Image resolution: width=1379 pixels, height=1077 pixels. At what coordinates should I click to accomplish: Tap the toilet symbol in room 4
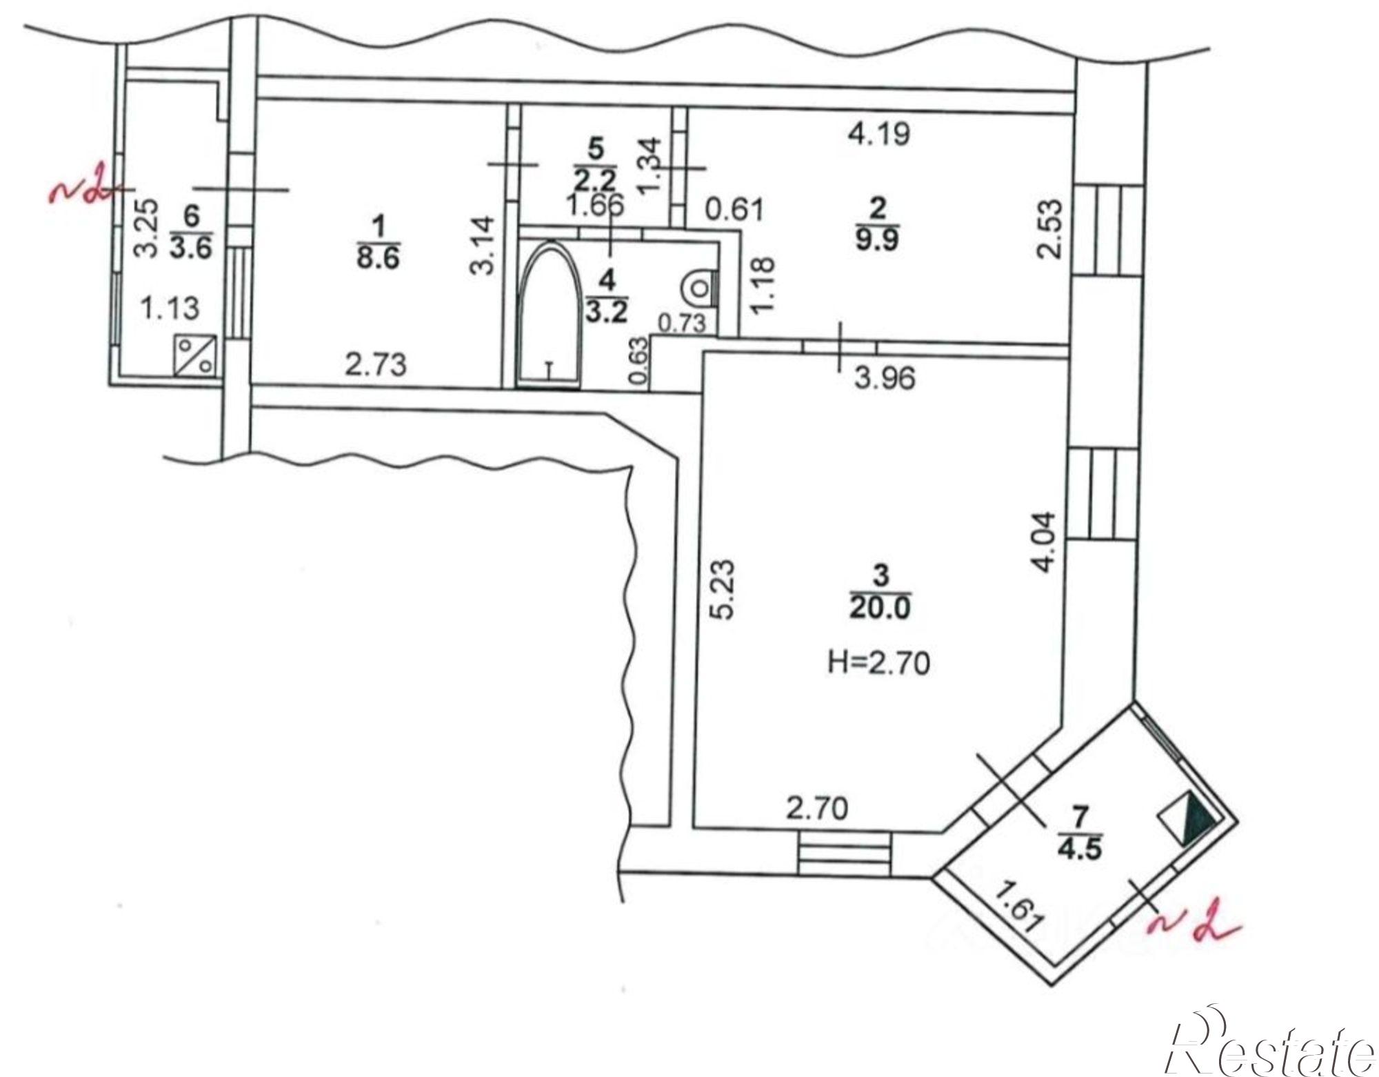[x=698, y=287]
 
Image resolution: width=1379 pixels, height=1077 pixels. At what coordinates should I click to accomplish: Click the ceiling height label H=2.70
[x=878, y=663]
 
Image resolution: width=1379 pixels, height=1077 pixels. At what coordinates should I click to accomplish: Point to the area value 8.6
[x=379, y=259]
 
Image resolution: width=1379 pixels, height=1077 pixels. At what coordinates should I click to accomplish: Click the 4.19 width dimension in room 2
[x=878, y=133]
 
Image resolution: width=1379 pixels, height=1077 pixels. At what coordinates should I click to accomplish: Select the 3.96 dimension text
[x=885, y=378]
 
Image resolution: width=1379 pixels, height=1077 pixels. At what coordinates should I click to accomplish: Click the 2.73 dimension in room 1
[x=376, y=364]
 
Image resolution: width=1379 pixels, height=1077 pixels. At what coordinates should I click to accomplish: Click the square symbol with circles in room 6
[x=196, y=355]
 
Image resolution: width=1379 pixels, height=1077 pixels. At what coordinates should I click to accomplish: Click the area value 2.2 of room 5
[x=594, y=180]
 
